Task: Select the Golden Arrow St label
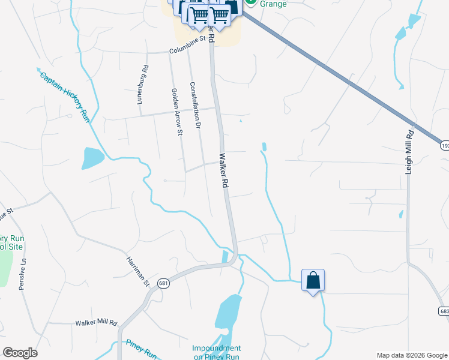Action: pyautogui.click(x=177, y=112)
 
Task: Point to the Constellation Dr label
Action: pyautogui.click(x=194, y=106)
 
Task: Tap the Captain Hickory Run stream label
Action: pyautogui.click(x=64, y=97)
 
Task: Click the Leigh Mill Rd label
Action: pyautogui.click(x=410, y=152)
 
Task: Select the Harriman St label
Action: pyautogui.click(x=137, y=271)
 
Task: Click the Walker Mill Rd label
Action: pyautogui.click(x=96, y=323)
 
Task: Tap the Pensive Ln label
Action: pyautogui.click(x=23, y=274)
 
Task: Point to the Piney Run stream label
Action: pyautogui.click(x=141, y=349)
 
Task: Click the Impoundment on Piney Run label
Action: pyautogui.click(x=217, y=352)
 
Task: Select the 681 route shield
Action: pyautogui.click(x=163, y=283)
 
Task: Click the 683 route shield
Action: pyautogui.click(x=444, y=311)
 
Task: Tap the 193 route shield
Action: pyautogui.click(x=444, y=145)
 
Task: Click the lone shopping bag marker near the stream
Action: pyautogui.click(x=313, y=280)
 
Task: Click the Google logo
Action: pyautogui.click(x=20, y=353)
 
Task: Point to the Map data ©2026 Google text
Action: pyautogui.click(x=411, y=355)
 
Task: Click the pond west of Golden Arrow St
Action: pyautogui.click(x=93, y=158)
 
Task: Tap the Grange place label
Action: pyautogui.click(x=273, y=4)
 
